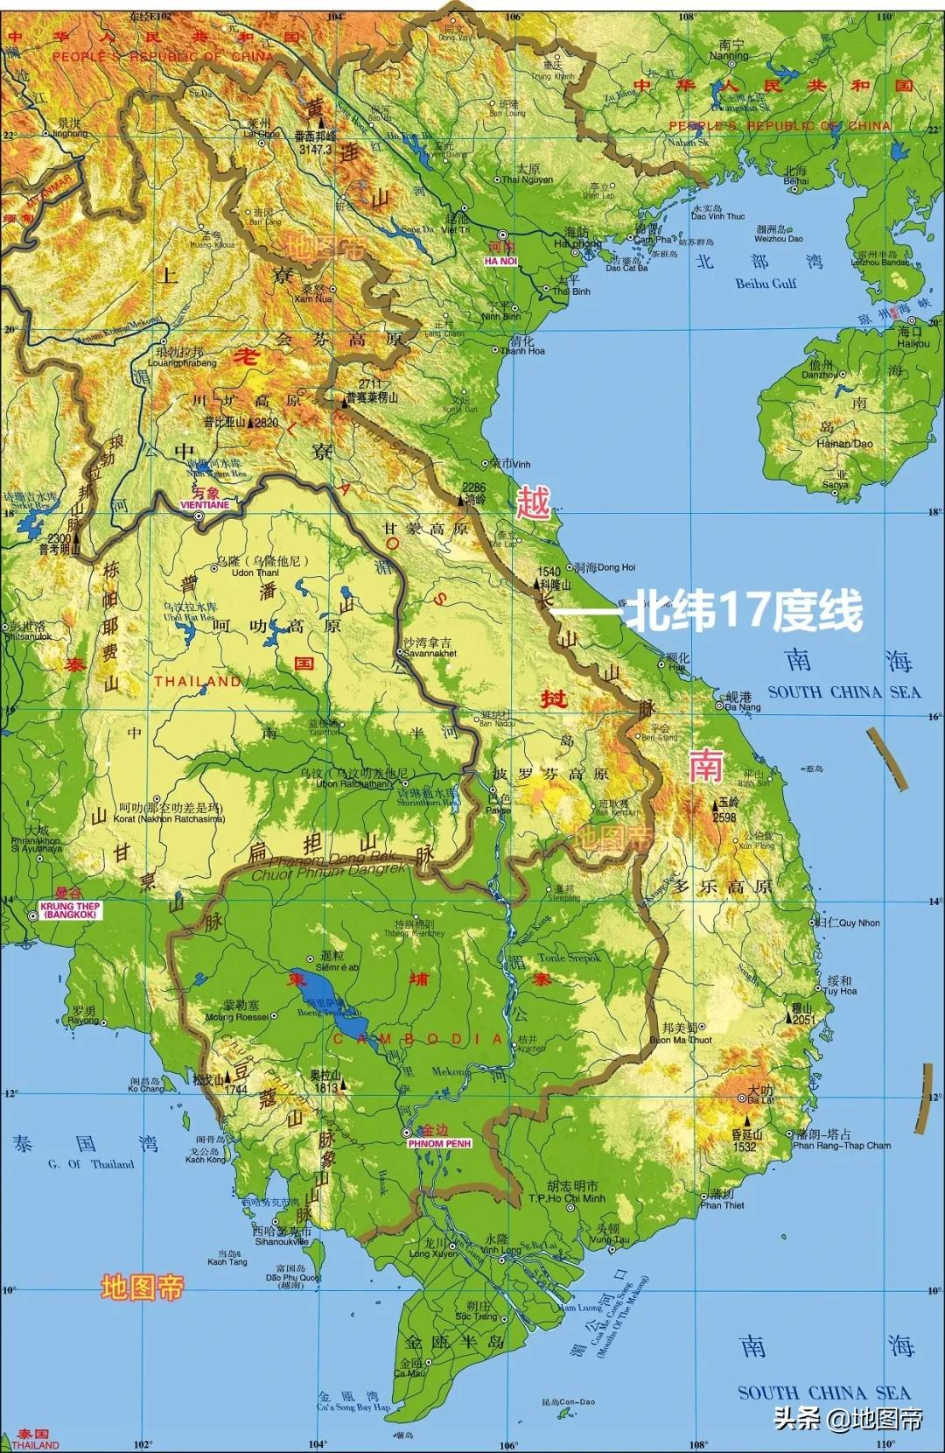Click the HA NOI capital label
click(501, 261)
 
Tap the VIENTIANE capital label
click(205, 505)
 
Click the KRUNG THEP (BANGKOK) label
click(70, 910)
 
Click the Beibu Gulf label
click(766, 283)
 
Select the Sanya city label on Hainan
click(835, 484)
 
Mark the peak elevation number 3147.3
click(315, 150)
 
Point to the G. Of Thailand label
click(91, 1163)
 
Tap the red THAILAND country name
click(198, 681)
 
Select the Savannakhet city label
click(430, 653)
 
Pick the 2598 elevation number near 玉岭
click(724, 818)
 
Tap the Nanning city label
click(729, 55)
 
